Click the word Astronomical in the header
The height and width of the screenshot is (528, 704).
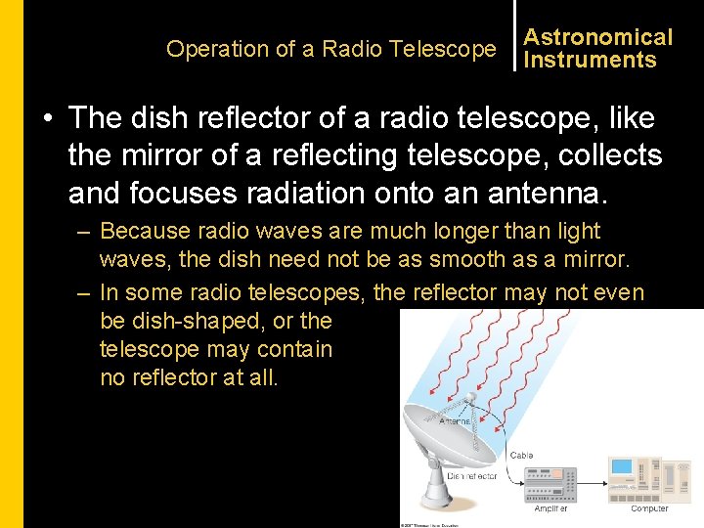[597, 37]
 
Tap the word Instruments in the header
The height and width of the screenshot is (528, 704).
[590, 61]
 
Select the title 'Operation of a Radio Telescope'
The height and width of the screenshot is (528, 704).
[330, 49]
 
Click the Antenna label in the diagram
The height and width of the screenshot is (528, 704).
[456, 421]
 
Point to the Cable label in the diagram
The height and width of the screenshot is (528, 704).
[523, 456]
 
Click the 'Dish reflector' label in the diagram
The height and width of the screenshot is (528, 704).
[472, 476]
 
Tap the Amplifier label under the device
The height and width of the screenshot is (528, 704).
[550, 508]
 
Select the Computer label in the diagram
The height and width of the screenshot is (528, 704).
[649, 508]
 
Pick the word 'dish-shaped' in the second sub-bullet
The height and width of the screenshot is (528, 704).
[192, 321]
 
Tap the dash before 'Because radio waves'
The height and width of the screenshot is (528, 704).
[83, 233]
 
